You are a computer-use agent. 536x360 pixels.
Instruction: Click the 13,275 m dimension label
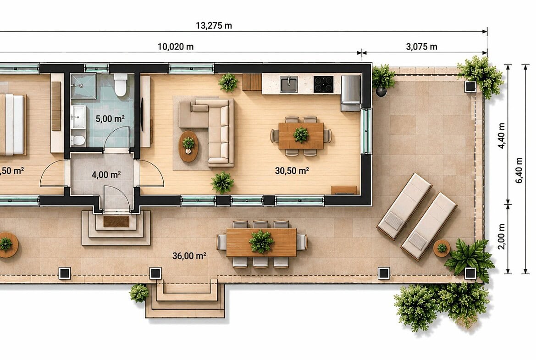[214, 26]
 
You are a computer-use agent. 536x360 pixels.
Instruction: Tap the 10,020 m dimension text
[175, 47]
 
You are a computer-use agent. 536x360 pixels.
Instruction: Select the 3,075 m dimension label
[421, 47]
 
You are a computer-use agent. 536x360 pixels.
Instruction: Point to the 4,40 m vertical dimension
[502, 135]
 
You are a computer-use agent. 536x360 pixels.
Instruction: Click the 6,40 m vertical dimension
[519, 170]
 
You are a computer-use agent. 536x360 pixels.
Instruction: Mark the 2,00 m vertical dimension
[502, 237]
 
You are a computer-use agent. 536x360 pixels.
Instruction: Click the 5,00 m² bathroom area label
[110, 119]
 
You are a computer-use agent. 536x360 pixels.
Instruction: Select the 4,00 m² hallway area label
[106, 175]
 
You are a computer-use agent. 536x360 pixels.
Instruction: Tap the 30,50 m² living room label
[292, 171]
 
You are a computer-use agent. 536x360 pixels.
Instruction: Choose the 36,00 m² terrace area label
[189, 256]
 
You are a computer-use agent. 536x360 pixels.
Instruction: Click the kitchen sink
[289, 84]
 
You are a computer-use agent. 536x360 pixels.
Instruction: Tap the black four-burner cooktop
[323, 84]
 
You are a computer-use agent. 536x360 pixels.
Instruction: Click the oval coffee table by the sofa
[188, 146]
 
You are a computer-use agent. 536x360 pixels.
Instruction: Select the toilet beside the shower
[121, 85]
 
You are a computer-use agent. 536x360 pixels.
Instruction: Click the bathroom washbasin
[78, 117]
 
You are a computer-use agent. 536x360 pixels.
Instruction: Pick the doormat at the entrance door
[116, 221]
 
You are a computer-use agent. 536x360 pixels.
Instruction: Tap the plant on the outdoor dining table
[261, 241]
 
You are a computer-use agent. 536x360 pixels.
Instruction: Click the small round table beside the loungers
[442, 248]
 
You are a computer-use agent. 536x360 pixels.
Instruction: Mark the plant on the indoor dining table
[301, 134]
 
